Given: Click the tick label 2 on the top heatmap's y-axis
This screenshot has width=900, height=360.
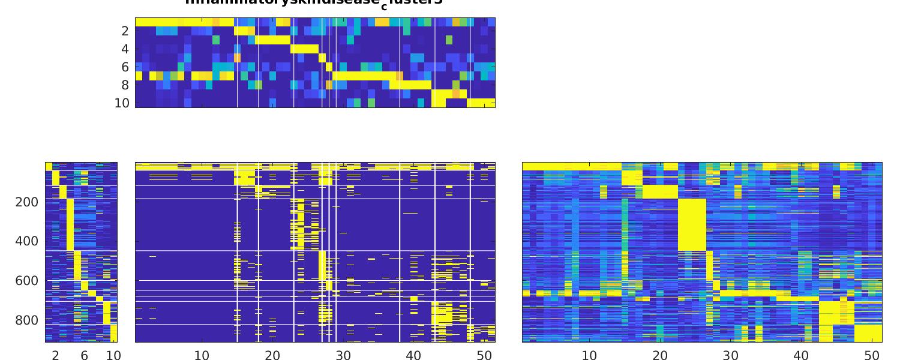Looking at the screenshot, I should tap(125, 31).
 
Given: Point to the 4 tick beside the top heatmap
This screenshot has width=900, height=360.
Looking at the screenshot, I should tap(125, 49).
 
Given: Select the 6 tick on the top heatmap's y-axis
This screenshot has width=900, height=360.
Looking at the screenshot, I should tap(125, 67).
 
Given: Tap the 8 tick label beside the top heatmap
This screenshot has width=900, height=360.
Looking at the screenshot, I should tap(125, 85).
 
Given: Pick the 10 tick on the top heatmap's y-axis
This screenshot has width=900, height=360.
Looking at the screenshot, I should tap(122, 103).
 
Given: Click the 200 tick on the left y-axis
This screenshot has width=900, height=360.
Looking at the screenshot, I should tap(26, 202).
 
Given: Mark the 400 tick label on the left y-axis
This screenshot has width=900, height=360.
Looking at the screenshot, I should tap(26, 242).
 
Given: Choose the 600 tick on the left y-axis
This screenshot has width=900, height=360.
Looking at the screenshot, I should tap(26, 281).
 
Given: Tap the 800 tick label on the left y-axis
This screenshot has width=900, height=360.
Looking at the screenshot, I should tap(26, 320).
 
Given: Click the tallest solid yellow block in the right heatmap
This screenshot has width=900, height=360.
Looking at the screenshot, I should tap(692, 224).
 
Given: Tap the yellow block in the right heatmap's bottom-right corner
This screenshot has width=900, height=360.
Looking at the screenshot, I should tap(868, 333).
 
